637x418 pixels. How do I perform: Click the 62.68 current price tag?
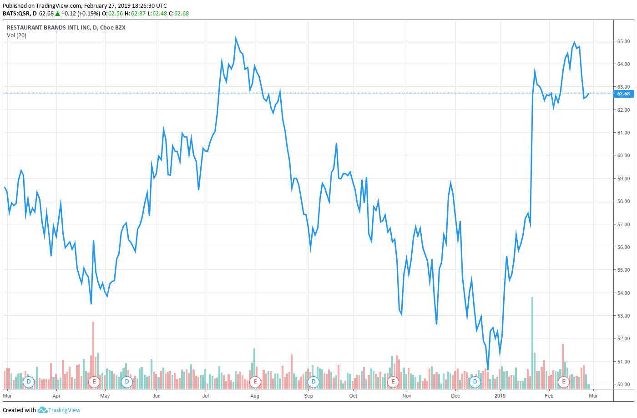click(623, 94)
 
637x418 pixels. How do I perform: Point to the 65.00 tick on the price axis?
click(623, 41)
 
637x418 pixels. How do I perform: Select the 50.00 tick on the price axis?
click(623, 384)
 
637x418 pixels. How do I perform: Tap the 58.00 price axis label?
click(623, 201)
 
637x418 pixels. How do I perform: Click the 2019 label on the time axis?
click(500, 396)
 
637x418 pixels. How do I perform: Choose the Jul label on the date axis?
click(205, 396)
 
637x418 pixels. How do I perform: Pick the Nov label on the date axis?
click(407, 396)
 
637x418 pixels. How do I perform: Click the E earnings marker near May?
click(94, 382)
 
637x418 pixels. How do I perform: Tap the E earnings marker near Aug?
click(255, 382)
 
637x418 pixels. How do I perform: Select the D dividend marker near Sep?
click(313, 382)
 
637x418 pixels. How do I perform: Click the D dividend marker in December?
click(475, 382)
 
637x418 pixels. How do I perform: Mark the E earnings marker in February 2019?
click(564, 382)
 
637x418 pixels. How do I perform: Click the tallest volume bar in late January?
click(532, 341)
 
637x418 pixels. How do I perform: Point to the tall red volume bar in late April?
click(93, 354)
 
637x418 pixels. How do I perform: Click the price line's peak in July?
click(236, 38)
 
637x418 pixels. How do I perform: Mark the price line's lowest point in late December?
click(488, 369)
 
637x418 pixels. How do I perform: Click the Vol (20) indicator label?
click(17, 35)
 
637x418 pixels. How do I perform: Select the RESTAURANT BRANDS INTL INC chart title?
click(66, 27)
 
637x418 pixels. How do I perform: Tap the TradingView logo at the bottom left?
click(59, 410)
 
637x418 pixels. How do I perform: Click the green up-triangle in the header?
click(58, 14)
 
